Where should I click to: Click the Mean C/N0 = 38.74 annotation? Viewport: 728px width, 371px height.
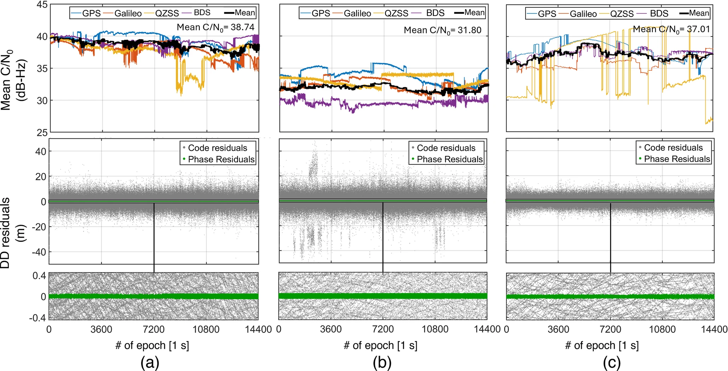pyautogui.click(x=215, y=27)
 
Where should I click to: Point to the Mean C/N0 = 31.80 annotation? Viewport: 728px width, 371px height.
pyautogui.click(x=443, y=30)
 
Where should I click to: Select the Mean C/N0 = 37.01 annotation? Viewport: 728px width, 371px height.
pyautogui.click(x=671, y=29)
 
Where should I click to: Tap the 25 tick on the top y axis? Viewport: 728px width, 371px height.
pyautogui.click(x=42, y=133)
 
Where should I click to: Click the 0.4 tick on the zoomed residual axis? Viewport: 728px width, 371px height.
pyautogui.click(x=39, y=276)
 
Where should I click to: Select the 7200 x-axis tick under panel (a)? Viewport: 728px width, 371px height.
pyautogui.click(x=154, y=330)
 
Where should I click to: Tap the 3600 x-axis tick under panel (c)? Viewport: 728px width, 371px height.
pyautogui.click(x=558, y=330)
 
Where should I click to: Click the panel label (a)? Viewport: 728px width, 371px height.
pyautogui.click(x=150, y=363)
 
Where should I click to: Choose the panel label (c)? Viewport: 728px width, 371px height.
pyautogui.click(x=612, y=363)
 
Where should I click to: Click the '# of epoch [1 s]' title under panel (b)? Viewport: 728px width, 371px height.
pyautogui.click(x=380, y=346)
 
